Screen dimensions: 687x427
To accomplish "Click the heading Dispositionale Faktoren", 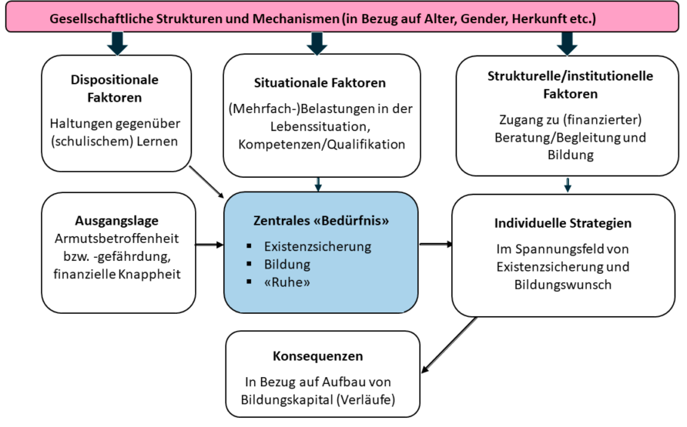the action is (x=114, y=88).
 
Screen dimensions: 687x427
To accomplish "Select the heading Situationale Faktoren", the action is (x=320, y=82).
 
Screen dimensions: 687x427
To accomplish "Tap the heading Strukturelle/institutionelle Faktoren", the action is (x=570, y=85).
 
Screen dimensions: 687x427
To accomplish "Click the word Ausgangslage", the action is (x=116, y=221).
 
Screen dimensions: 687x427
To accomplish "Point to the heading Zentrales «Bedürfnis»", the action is (x=321, y=220).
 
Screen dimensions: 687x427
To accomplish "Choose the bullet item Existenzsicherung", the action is (x=317, y=246).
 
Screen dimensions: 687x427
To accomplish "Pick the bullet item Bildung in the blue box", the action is (x=287, y=264).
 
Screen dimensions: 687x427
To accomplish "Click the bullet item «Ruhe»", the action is (x=287, y=282).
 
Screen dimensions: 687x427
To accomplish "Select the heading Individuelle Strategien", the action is (x=563, y=223).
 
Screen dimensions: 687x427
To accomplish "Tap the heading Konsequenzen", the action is (x=317, y=356).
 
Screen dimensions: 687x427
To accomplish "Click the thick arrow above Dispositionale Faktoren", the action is (x=117, y=43).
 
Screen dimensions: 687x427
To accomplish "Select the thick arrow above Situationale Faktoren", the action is (x=317, y=43).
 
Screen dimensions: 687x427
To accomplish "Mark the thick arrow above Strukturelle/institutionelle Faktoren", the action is (x=567, y=43).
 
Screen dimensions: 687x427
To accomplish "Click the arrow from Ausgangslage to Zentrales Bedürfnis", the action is (x=209, y=245).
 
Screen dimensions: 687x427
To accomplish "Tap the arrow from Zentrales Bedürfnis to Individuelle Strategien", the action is (x=436, y=244).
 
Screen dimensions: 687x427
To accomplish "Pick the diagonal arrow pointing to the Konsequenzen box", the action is (x=449, y=345).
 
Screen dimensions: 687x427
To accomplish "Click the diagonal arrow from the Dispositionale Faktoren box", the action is (x=206, y=182).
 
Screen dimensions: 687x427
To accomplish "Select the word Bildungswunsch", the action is (x=563, y=285).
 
